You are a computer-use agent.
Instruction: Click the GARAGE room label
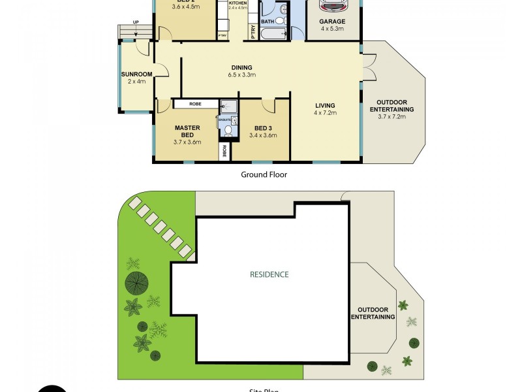pyautogui.click(x=332, y=21)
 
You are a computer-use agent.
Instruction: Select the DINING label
pyautogui.click(x=241, y=67)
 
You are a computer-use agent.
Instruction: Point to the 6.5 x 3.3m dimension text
pyautogui.click(x=241, y=75)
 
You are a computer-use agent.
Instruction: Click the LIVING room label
pyautogui.click(x=324, y=106)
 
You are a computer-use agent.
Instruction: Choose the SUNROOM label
pyautogui.click(x=136, y=74)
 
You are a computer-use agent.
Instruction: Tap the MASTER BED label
pyautogui.click(x=187, y=131)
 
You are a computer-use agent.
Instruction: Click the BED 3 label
pyautogui.click(x=263, y=127)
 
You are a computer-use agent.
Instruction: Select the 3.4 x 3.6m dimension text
pyautogui.click(x=263, y=136)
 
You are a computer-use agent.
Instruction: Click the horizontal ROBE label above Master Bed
pyautogui.click(x=195, y=104)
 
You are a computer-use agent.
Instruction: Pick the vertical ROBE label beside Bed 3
pyautogui.click(x=224, y=151)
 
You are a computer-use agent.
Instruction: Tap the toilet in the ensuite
pyautogui.click(x=227, y=131)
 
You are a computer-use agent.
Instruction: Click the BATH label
pyautogui.click(x=268, y=22)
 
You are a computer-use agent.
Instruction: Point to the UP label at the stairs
pyautogui.click(x=136, y=22)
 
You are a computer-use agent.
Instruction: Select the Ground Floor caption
pyautogui.click(x=264, y=174)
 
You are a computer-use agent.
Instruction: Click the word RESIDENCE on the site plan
pyautogui.click(x=269, y=274)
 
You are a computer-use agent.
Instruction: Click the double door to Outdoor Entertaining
pyautogui.click(x=369, y=67)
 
